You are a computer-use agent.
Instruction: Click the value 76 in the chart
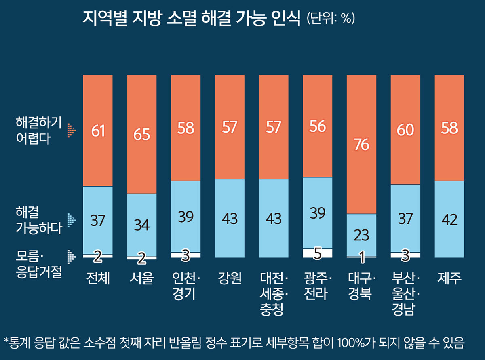pyautogui.click(x=361, y=145)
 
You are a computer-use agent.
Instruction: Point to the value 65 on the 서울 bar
pyautogui.click(x=141, y=134)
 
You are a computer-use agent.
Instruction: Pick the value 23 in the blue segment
pyautogui.click(x=361, y=235)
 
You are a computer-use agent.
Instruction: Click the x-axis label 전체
pyautogui.click(x=98, y=278)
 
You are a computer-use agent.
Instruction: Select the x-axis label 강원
pyautogui.click(x=229, y=278)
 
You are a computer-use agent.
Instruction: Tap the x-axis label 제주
pyautogui.click(x=449, y=278)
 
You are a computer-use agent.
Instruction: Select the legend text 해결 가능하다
pyautogui.click(x=39, y=220)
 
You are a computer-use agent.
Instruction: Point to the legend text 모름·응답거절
pyautogui.click(x=39, y=263)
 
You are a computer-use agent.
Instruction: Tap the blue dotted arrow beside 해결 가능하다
pyautogui.click(x=72, y=220)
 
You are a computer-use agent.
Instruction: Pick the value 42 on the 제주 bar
pyautogui.click(x=449, y=219)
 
